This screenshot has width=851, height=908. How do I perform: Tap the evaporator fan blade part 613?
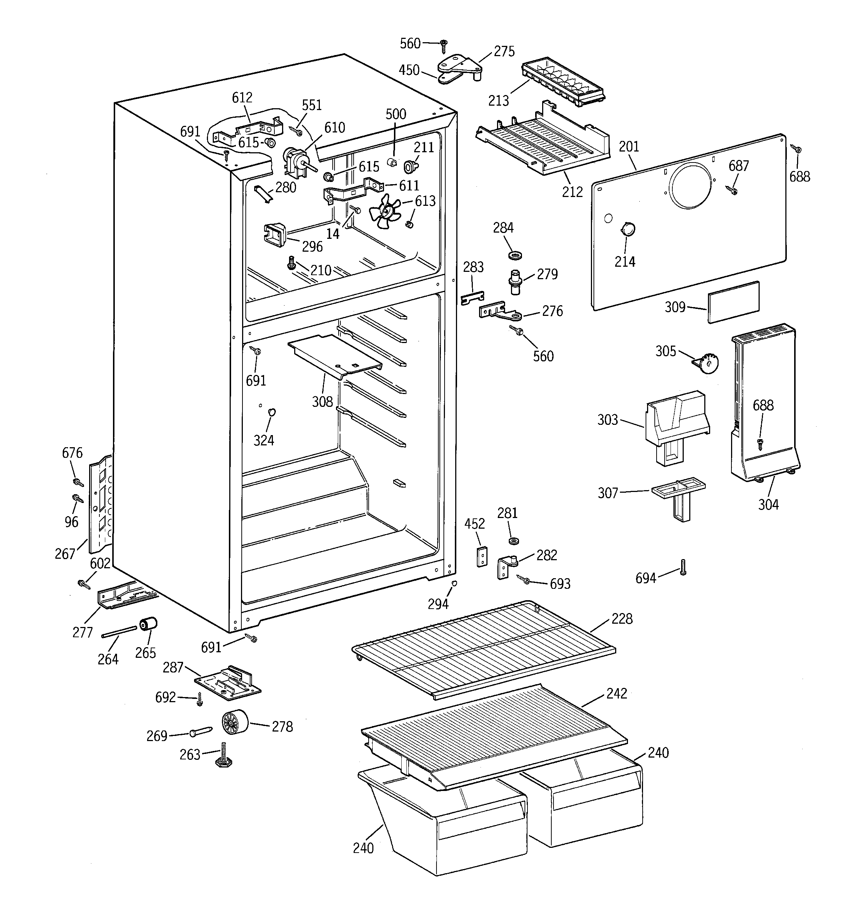click(x=385, y=211)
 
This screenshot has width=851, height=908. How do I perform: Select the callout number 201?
click(x=629, y=147)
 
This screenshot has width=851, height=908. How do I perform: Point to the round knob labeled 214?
click(x=628, y=228)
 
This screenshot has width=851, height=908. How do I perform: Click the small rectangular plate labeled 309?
click(x=734, y=302)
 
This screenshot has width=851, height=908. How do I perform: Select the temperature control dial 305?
click(x=708, y=364)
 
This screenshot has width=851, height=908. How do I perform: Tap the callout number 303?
click(x=607, y=420)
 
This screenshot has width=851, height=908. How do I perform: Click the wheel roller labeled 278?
click(x=235, y=723)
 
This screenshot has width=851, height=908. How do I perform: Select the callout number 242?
click(x=616, y=693)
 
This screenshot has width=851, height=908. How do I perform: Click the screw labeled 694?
click(x=683, y=567)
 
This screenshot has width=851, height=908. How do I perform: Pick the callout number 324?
click(x=264, y=440)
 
